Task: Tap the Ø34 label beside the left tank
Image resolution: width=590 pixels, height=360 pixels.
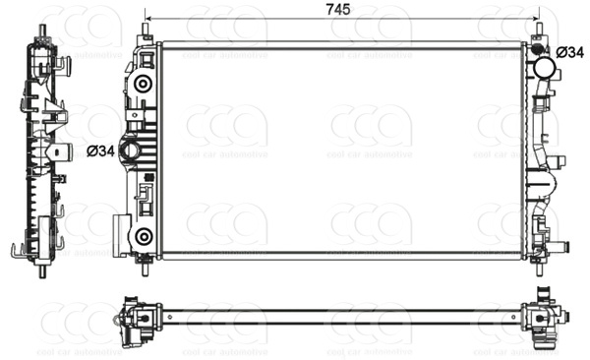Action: click(x=101, y=150)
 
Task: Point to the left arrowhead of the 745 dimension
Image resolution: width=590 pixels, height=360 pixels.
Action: click(x=149, y=19)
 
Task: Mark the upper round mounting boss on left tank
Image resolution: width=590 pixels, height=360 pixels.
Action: click(x=144, y=84)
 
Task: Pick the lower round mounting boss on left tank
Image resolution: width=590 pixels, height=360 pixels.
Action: click(x=144, y=236)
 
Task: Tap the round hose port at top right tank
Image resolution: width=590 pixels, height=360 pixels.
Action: click(x=543, y=68)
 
